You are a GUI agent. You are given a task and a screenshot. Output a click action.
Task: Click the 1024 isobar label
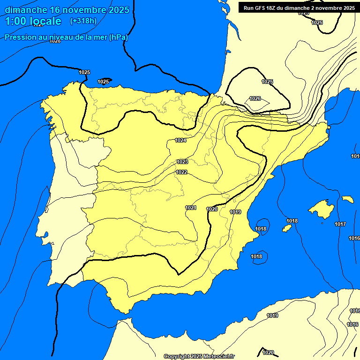point(180,140)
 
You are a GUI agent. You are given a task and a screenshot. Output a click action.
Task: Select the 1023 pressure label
point(182,162)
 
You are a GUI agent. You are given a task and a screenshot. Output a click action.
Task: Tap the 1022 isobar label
point(182,172)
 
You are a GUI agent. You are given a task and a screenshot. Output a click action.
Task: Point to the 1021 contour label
point(190,208)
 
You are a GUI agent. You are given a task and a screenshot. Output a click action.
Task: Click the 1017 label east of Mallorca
point(340,224)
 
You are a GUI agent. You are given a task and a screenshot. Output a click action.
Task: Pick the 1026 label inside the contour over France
point(255,98)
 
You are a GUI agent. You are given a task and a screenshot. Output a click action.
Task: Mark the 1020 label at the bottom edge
point(268,352)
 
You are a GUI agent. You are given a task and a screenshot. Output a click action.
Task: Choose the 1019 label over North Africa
point(272,315)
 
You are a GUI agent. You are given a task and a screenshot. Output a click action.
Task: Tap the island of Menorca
point(347,199)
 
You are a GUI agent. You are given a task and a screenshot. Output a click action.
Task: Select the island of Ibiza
point(286,228)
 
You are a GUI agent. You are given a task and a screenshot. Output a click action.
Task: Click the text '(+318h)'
point(83,21)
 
